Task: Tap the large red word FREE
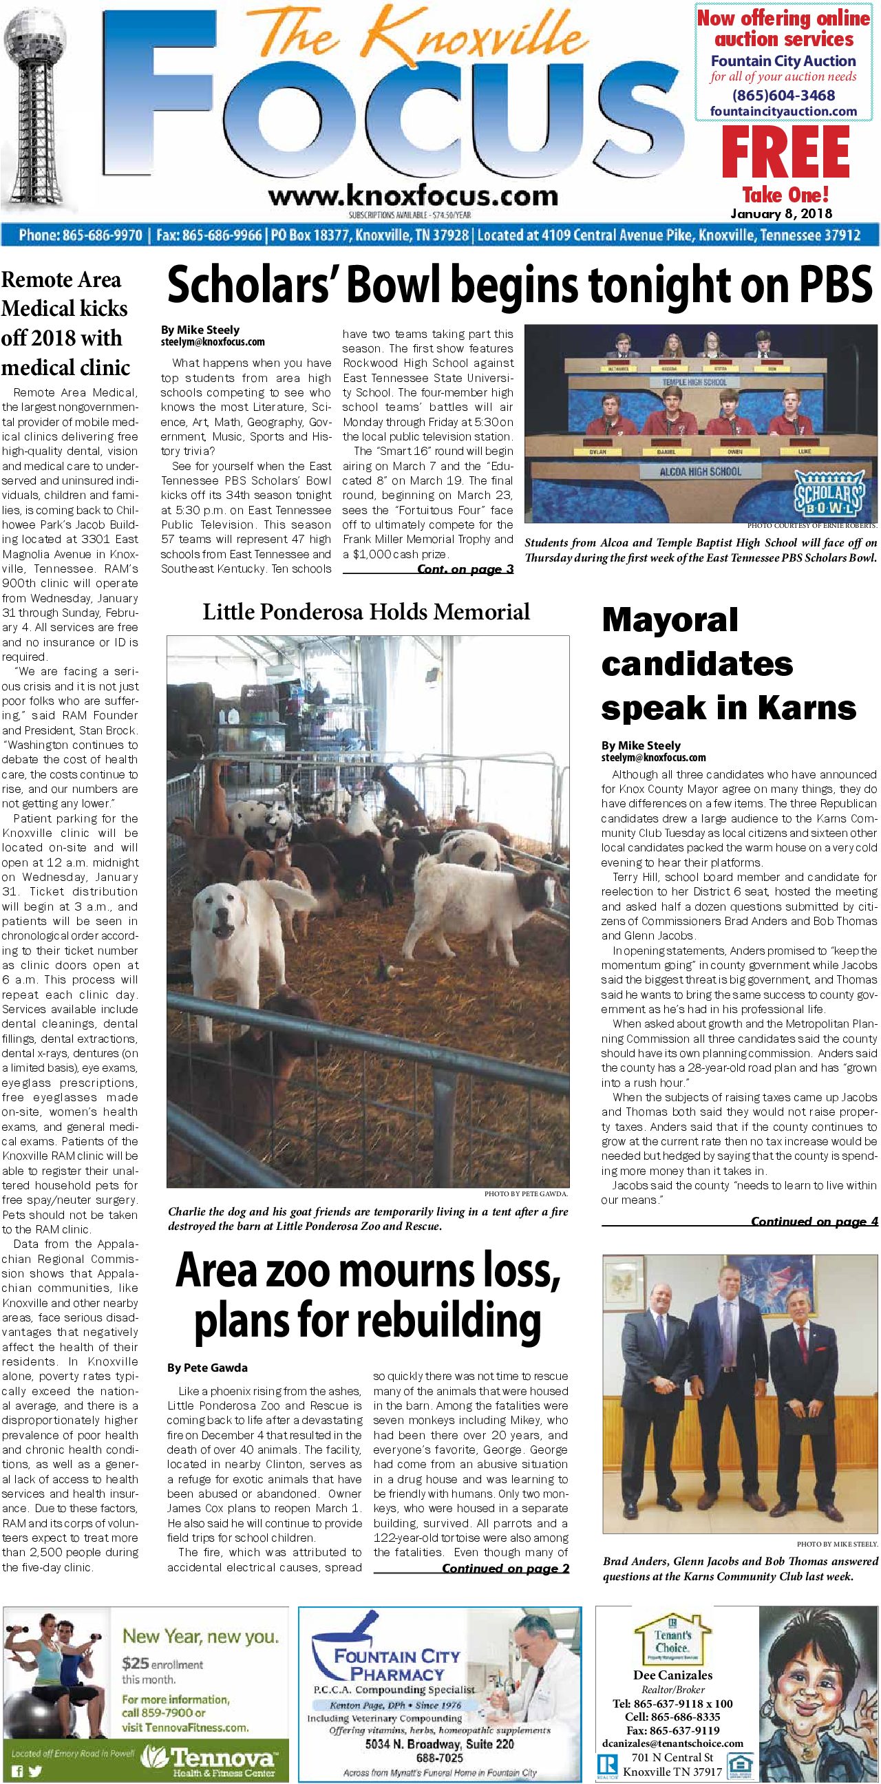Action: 785,153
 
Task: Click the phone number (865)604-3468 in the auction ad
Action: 783,96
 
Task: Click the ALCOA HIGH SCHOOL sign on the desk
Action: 699,471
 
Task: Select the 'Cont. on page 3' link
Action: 465,569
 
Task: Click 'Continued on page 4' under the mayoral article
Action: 814,1221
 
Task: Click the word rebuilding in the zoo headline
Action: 368,1321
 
